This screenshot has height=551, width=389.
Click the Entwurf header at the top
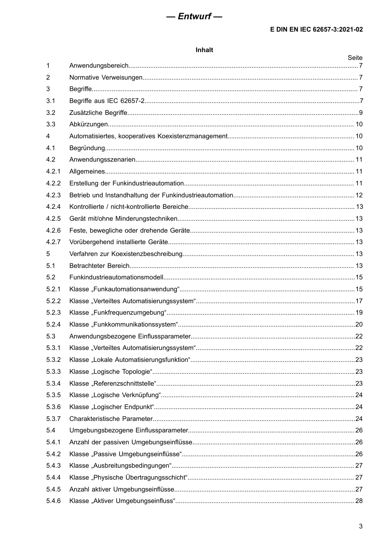pyautogui.click(x=194, y=16)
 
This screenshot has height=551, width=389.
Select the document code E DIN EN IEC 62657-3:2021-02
pyautogui.click(x=316, y=30)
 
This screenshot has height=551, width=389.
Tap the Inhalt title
pyautogui.click(x=204, y=50)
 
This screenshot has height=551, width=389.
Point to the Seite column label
pyautogui.click(x=355, y=58)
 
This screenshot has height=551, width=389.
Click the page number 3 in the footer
pyautogui.click(x=360, y=526)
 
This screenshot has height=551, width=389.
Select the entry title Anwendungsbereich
pyautogui.click(x=99, y=66)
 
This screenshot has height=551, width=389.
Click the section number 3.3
pyautogui.click(x=51, y=124)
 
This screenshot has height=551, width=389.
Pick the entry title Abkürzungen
pyautogui.click(x=88, y=124)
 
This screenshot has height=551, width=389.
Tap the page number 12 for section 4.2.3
pyautogui.click(x=359, y=195)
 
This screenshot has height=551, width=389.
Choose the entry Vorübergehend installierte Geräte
pyautogui.click(x=119, y=242)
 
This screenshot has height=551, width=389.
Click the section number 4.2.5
pyautogui.click(x=53, y=219)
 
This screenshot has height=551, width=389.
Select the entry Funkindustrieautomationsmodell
pyautogui.click(x=116, y=277)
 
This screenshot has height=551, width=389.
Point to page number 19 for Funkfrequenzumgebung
pyautogui.click(x=359, y=313)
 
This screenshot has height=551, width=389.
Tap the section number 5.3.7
pyautogui.click(x=53, y=419)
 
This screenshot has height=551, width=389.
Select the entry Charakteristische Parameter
pyautogui.click(x=111, y=419)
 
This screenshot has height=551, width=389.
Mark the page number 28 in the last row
pyautogui.click(x=359, y=501)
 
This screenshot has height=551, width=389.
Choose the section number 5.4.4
pyautogui.click(x=53, y=478)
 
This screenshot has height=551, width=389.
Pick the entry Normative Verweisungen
pyautogui.click(x=106, y=78)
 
